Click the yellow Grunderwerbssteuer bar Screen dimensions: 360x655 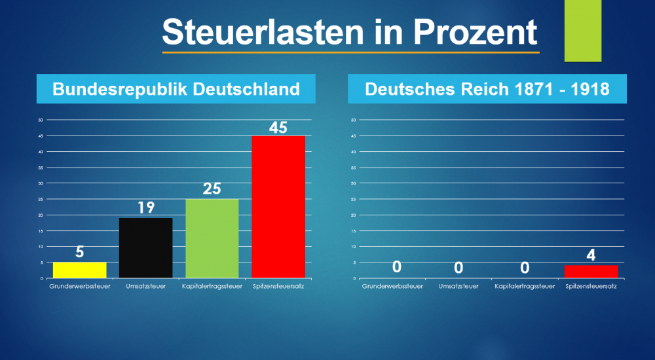pyautogui.click(x=79, y=270)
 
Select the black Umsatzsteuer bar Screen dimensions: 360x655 pyautogui.click(x=145, y=247)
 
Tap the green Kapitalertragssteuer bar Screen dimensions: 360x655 pyautogui.click(x=212, y=238)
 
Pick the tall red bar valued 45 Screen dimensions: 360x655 pyautogui.click(x=278, y=207)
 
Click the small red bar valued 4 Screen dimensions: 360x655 pyautogui.click(x=591, y=271)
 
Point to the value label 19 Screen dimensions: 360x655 pyautogui.click(x=145, y=208)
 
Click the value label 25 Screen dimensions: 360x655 pyautogui.click(x=212, y=189)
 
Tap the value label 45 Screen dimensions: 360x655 pyautogui.click(x=278, y=127)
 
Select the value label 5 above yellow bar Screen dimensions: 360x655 pyautogui.click(x=79, y=253)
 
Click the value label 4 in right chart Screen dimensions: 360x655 pyautogui.click(x=591, y=255)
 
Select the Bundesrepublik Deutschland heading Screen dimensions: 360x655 pyautogui.click(x=176, y=89)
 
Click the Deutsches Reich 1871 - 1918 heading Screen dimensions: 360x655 pyautogui.click(x=487, y=89)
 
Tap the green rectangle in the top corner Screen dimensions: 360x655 pyautogui.click(x=583, y=30)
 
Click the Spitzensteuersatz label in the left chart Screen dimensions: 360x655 pyautogui.click(x=278, y=286)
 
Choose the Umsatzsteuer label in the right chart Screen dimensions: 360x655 pyautogui.click(x=458, y=286)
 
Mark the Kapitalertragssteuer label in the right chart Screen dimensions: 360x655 pyautogui.click(x=525, y=286)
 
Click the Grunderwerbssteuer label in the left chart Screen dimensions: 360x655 pyautogui.click(x=79, y=286)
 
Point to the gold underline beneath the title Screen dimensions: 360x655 pyautogui.click(x=350, y=51)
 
